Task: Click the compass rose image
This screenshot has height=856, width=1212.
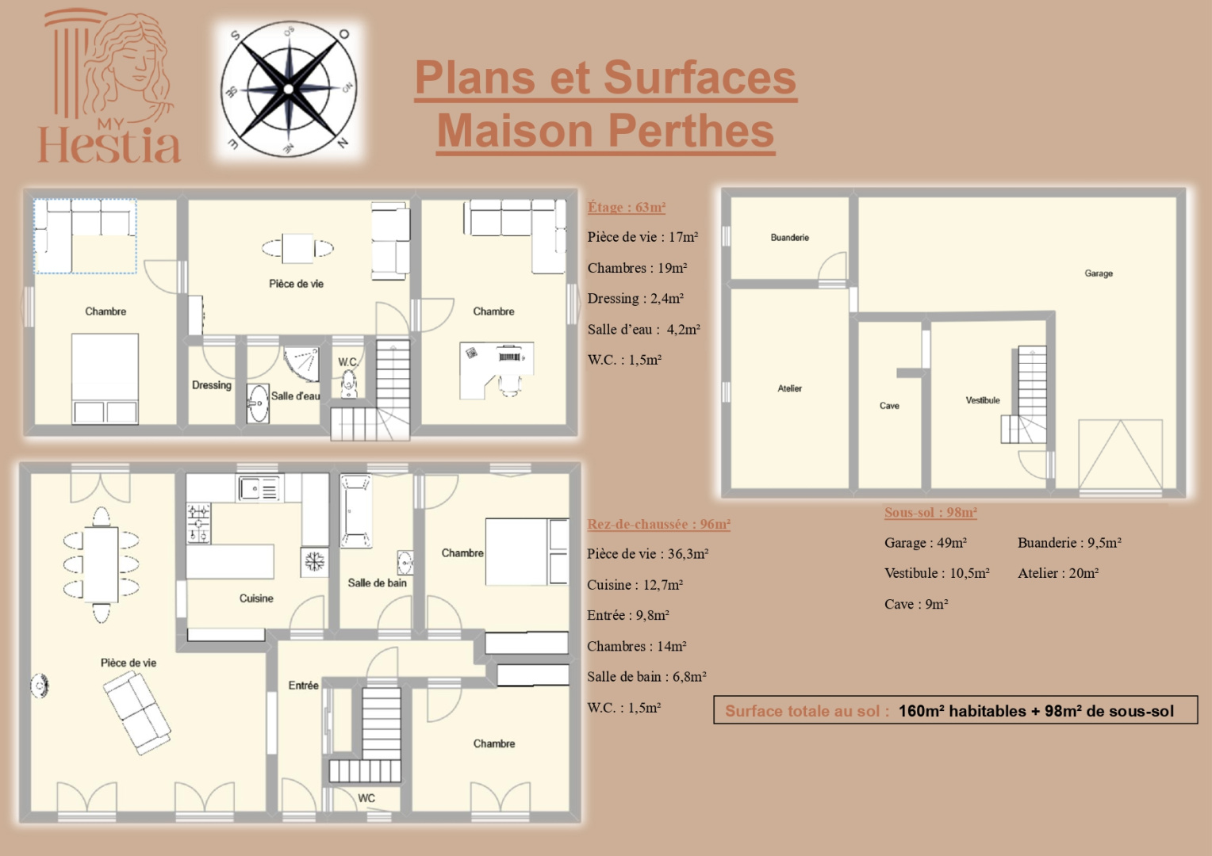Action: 289,88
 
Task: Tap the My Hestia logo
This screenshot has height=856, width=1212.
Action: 109,87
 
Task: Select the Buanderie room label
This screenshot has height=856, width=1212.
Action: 789,237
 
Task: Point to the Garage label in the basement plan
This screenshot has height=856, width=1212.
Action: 1098,273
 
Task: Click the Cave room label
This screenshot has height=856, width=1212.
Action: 889,406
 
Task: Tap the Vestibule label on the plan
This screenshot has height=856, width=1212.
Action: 982,400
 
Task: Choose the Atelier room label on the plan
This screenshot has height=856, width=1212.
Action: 789,388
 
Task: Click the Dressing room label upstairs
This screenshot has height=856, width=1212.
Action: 211,385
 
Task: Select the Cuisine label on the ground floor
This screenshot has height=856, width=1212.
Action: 256,598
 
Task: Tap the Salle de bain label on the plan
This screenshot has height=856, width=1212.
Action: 377,583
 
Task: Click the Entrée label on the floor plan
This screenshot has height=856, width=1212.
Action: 303,686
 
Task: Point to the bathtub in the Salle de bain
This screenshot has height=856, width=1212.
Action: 355,510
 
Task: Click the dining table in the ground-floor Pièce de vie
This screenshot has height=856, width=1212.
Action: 102,564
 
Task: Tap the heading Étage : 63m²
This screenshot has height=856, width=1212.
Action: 626,207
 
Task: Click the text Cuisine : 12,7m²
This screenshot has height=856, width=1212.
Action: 635,585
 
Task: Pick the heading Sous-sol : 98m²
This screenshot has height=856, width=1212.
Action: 930,512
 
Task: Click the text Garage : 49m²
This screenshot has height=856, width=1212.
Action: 925,543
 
